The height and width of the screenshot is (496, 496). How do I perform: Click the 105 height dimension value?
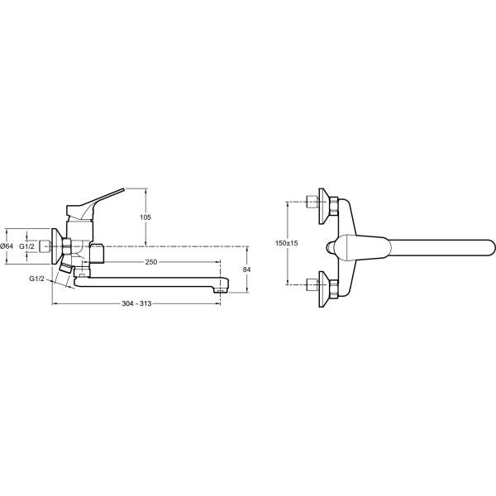coord(145,217)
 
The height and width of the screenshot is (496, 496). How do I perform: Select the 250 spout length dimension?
coord(151,262)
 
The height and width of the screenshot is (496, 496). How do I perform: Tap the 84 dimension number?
coord(246,269)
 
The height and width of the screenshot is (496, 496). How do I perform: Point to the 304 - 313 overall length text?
coord(136,303)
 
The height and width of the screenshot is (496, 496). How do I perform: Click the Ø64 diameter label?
coord(7,246)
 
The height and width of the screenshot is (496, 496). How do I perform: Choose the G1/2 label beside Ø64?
coord(26,246)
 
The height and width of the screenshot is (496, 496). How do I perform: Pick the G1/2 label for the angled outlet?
coord(36,279)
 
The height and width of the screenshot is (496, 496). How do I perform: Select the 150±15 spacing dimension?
coord(286,243)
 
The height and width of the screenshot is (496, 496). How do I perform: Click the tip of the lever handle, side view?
coord(124,189)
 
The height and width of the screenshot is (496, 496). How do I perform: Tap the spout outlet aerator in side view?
coord(221,290)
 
